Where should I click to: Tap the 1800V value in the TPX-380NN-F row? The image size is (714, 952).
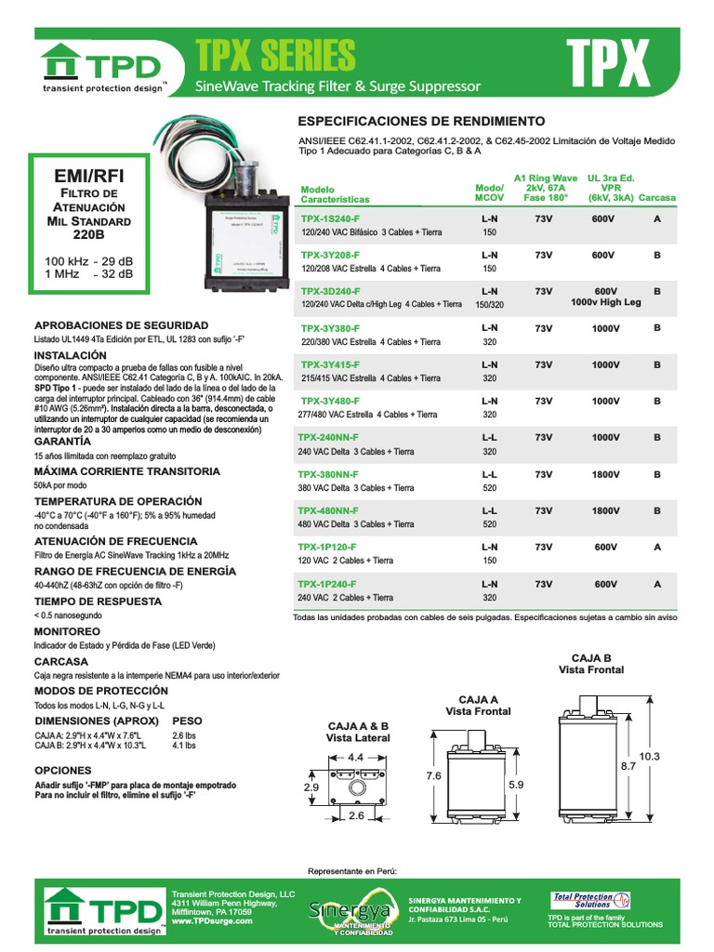click(605, 474)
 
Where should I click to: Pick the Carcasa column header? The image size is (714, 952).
click(657, 198)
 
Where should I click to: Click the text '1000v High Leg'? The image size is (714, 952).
click(605, 303)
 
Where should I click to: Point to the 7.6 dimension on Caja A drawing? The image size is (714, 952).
click(433, 775)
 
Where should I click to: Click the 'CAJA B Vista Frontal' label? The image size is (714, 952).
click(590, 663)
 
